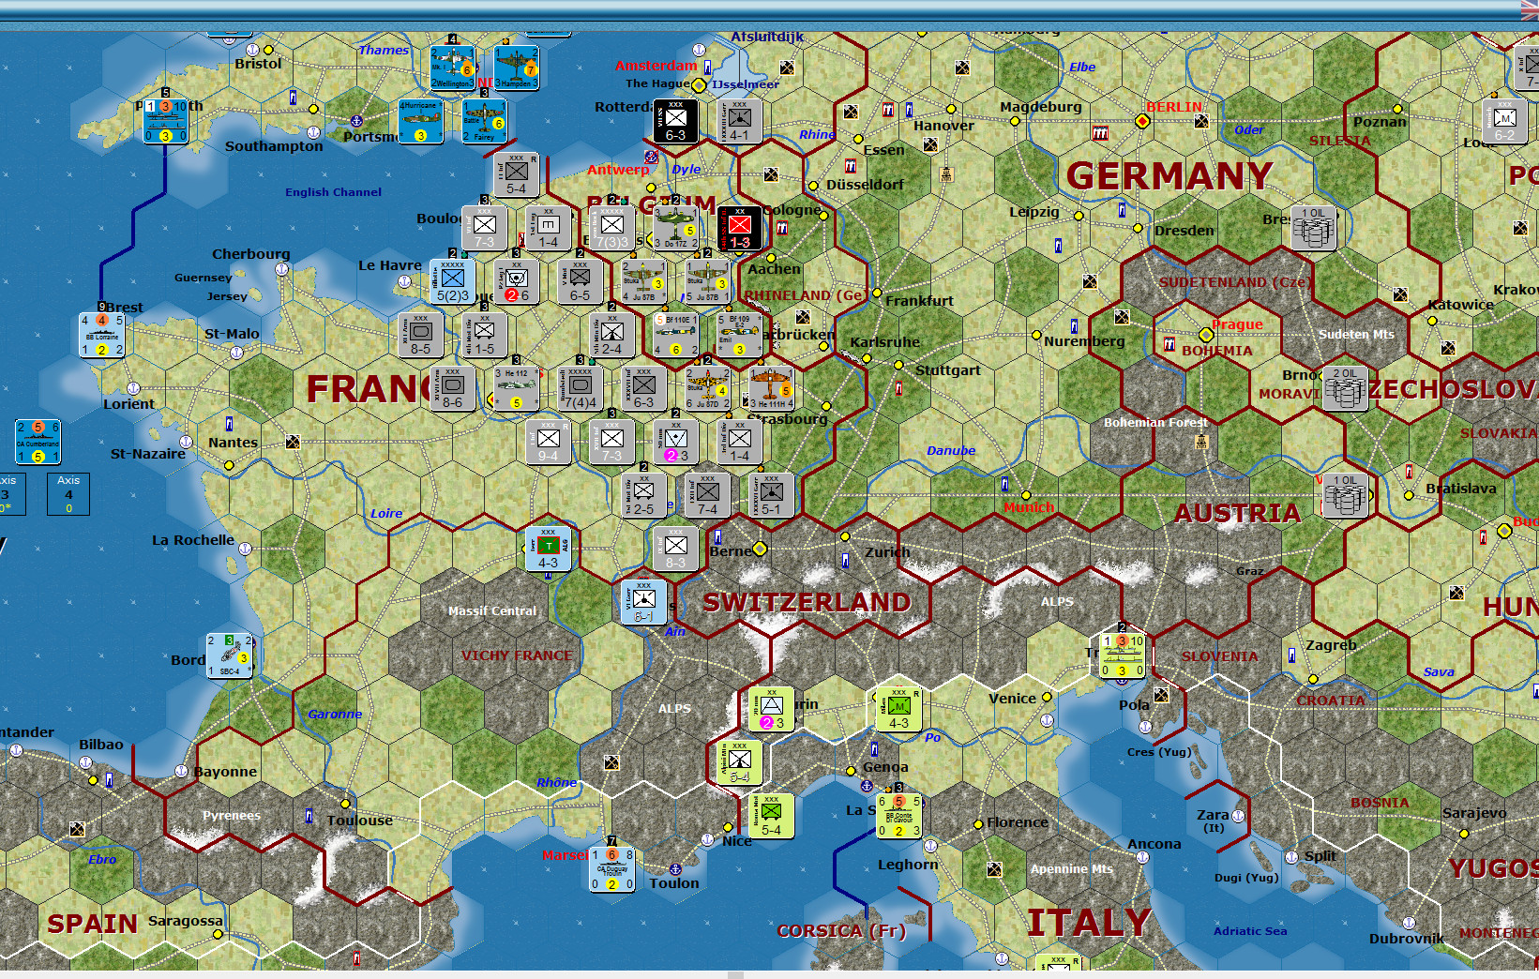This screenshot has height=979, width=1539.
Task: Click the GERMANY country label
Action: pyautogui.click(x=1169, y=176)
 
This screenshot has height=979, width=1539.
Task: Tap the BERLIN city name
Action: pyautogui.click(x=1174, y=107)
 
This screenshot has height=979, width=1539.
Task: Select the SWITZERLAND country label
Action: pyautogui.click(x=807, y=602)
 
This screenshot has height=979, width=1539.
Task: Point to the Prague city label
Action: pyautogui.click(x=1237, y=324)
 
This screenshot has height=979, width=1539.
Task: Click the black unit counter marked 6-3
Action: pyautogui.click(x=675, y=121)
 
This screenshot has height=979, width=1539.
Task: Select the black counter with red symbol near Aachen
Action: pyautogui.click(x=740, y=228)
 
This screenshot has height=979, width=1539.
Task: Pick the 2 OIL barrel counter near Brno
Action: pyautogui.click(x=1344, y=388)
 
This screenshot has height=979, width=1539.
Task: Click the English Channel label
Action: pyautogui.click(x=333, y=192)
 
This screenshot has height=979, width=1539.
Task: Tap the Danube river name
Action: pyautogui.click(x=951, y=451)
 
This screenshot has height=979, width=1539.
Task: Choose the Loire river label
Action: pyautogui.click(x=386, y=513)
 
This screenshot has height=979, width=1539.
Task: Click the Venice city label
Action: pyautogui.click(x=1012, y=699)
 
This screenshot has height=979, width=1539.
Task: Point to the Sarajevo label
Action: pyautogui.click(x=1474, y=813)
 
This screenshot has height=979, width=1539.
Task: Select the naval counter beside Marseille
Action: pyautogui.click(x=612, y=868)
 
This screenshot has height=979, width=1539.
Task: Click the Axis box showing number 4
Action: pyautogui.click(x=68, y=493)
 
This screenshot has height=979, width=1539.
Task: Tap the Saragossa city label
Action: pyautogui.click(x=186, y=921)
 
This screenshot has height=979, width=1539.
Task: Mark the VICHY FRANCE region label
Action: pyautogui.click(x=516, y=655)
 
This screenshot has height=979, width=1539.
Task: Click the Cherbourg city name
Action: pyautogui.click(x=250, y=254)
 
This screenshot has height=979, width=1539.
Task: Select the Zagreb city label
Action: pyautogui.click(x=1331, y=645)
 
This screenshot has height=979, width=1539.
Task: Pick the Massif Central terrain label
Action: pyautogui.click(x=492, y=610)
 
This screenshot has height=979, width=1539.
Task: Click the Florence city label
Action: pyautogui.click(x=1018, y=822)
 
